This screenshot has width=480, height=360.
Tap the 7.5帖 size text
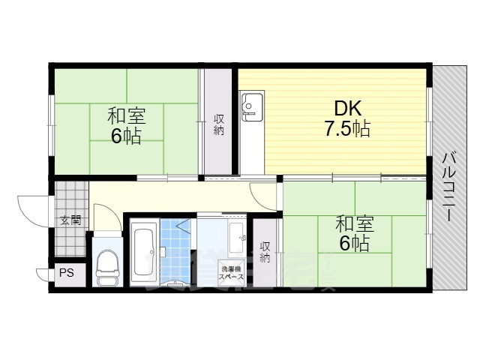(346, 130)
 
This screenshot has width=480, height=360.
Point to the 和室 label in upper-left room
(126, 116)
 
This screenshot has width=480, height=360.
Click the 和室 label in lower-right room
(354, 223)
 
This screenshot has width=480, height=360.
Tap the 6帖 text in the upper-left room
(126, 136)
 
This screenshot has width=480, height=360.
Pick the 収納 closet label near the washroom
(265, 252)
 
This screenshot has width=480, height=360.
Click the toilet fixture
(106, 266)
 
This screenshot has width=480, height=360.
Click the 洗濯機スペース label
(229, 272)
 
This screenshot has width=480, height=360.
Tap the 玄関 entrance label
(70, 220)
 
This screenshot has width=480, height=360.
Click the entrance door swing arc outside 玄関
(34, 205)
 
